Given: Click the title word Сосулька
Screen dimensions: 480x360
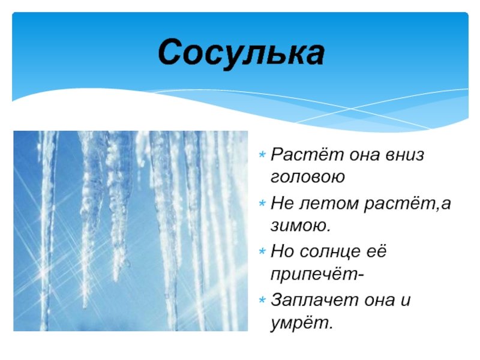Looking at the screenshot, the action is pos(241,53).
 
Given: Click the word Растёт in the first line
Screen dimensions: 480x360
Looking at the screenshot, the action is pos(307,154).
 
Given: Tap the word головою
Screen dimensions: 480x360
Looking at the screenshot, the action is pos(308,177).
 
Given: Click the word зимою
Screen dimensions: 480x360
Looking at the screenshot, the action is pos(301,226).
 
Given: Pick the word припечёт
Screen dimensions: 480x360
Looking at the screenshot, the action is pos(314,274).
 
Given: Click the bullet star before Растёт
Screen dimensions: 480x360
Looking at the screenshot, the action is pos(262,154).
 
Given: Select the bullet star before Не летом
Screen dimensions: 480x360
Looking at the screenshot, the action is pos(262,203).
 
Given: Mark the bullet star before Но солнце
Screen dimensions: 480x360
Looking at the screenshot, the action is pos(262,251).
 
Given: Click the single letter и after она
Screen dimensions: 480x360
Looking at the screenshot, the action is pos(406,300).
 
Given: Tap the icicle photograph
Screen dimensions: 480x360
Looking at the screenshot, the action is pos(130,231).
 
